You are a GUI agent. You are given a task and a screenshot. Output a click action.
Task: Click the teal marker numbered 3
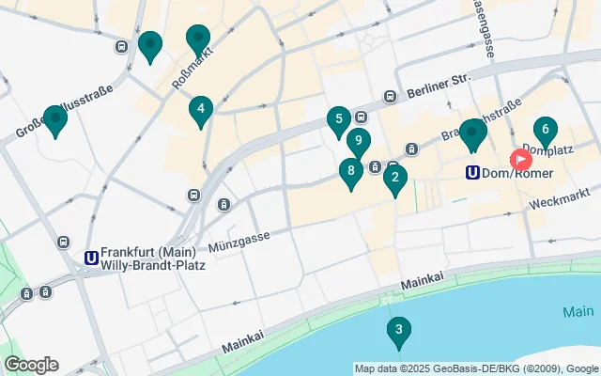[x=399, y=330]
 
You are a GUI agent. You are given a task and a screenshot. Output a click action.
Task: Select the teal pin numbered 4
[x=200, y=109]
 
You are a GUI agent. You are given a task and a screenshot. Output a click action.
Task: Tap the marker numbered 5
[x=338, y=119]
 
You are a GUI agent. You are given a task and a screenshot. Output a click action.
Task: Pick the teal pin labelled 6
[x=545, y=131]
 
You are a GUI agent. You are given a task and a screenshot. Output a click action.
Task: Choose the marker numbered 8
[x=350, y=171]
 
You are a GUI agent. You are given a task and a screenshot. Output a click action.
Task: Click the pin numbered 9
[x=358, y=141]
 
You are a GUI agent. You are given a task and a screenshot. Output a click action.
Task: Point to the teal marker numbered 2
[x=395, y=177]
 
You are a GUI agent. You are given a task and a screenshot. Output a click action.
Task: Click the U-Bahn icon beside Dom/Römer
[x=474, y=173]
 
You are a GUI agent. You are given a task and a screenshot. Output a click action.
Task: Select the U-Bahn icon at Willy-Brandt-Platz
[x=91, y=258]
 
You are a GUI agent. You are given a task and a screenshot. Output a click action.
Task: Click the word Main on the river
[x=578, y=310]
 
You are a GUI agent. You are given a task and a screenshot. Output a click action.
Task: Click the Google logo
[x=31, y=365]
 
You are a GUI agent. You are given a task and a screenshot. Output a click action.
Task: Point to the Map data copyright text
[x=476, y=368]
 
